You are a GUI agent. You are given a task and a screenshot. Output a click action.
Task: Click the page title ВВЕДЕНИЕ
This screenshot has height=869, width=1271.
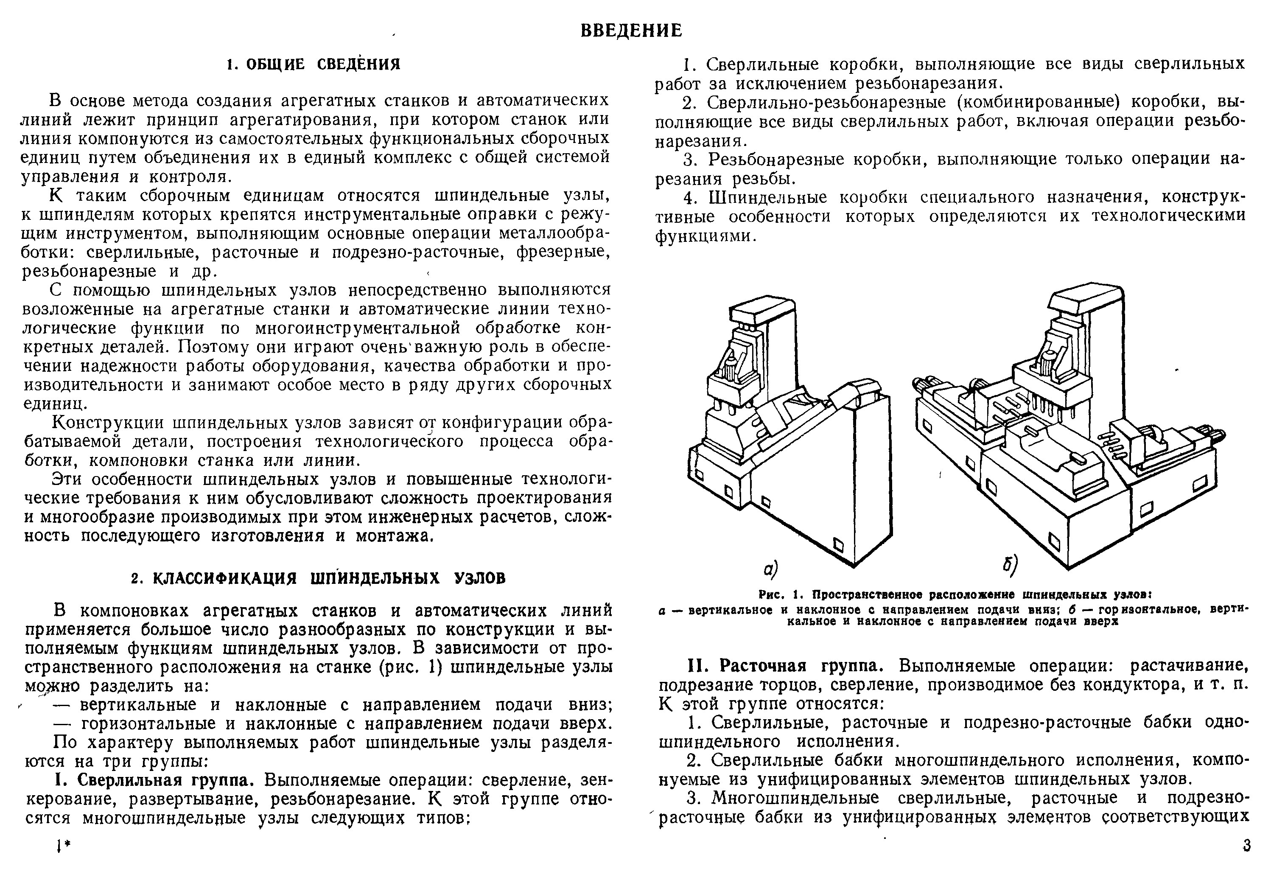631,31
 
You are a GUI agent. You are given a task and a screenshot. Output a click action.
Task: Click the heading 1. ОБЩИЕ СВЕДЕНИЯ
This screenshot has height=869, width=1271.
314,65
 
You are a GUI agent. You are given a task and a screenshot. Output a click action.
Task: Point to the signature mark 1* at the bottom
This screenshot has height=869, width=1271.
64,847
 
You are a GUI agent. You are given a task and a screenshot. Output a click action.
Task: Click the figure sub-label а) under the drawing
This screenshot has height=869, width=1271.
771,570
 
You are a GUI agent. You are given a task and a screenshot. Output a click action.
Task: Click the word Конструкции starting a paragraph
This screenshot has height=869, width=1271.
107,422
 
